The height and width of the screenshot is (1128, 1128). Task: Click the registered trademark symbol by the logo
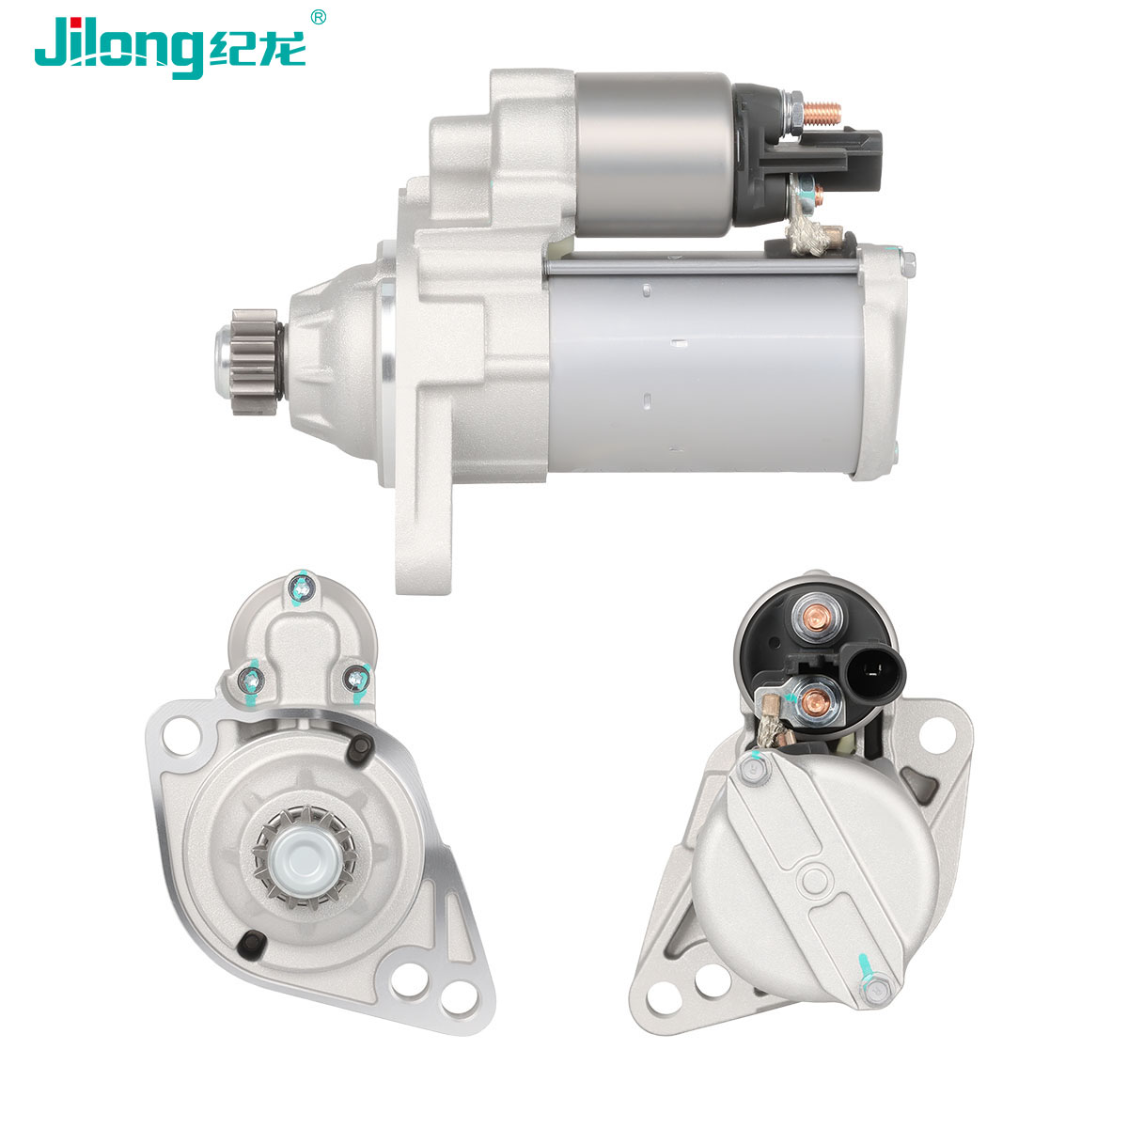(318, 18)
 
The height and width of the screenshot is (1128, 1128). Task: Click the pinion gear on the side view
(254, 362)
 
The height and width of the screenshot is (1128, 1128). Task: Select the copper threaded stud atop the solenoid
(822, 114)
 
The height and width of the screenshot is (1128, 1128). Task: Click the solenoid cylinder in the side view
(654, 154)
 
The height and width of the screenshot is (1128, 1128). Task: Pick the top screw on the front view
(302, 588)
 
